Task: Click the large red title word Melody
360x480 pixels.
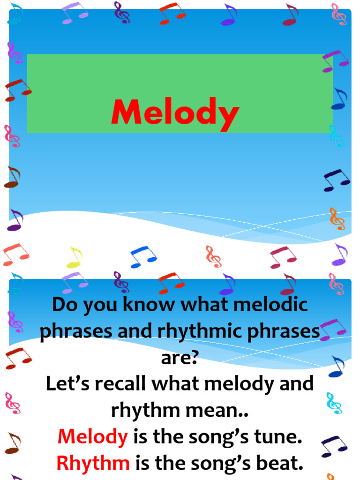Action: [175, 113]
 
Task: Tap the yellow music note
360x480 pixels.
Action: [75, 257]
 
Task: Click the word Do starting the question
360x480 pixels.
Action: [64, 305]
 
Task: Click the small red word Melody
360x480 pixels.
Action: [92, 437]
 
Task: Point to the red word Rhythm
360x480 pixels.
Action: [93, 464]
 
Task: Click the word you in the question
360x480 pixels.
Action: [97, 306]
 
